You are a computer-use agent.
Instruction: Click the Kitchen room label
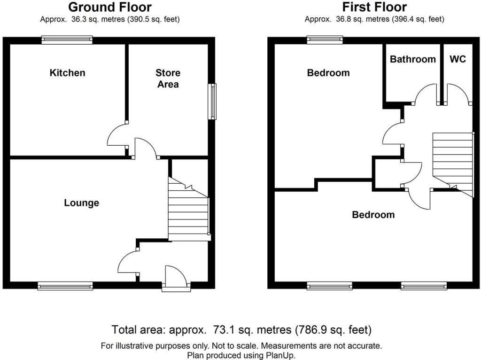pos(68,73)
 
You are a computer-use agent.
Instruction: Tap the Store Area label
pos(168,78)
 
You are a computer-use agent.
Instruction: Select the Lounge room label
pos(82,203)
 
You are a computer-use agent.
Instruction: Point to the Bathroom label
pos(413,59)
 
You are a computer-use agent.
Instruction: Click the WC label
pos(458,59)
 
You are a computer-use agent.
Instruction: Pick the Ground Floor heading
pos(110,8)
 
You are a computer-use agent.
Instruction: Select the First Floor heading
pos(374,8)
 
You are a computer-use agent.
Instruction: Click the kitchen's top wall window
pos(66,40)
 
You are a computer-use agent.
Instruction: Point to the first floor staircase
pos(451,162)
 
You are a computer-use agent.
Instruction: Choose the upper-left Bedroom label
pos(328,73)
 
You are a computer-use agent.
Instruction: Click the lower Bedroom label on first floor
pos(373,215)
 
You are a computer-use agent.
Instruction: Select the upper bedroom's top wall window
pos(325,40)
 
